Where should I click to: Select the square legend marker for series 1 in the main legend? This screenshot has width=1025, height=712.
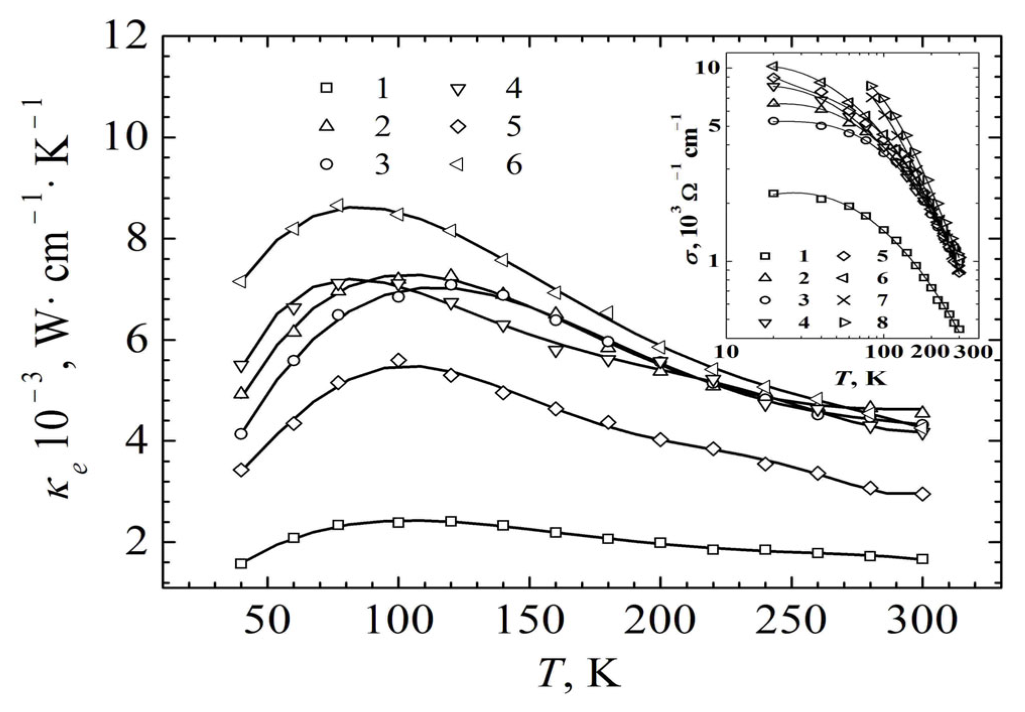click(x=327, y=88)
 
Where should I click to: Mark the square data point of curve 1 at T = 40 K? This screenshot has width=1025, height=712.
click(x=241, y=563)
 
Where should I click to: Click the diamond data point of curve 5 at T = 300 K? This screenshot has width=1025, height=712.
click(x=923, y=494)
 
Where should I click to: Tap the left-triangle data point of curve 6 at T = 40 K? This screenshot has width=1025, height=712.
click(x=241, y=282)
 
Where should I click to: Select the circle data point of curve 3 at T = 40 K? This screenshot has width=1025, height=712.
click(x=241, y=433)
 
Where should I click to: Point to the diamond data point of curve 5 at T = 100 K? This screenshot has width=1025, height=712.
click(x=398, y=360)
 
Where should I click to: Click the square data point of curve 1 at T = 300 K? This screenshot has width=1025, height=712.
click(x=923, y=559)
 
